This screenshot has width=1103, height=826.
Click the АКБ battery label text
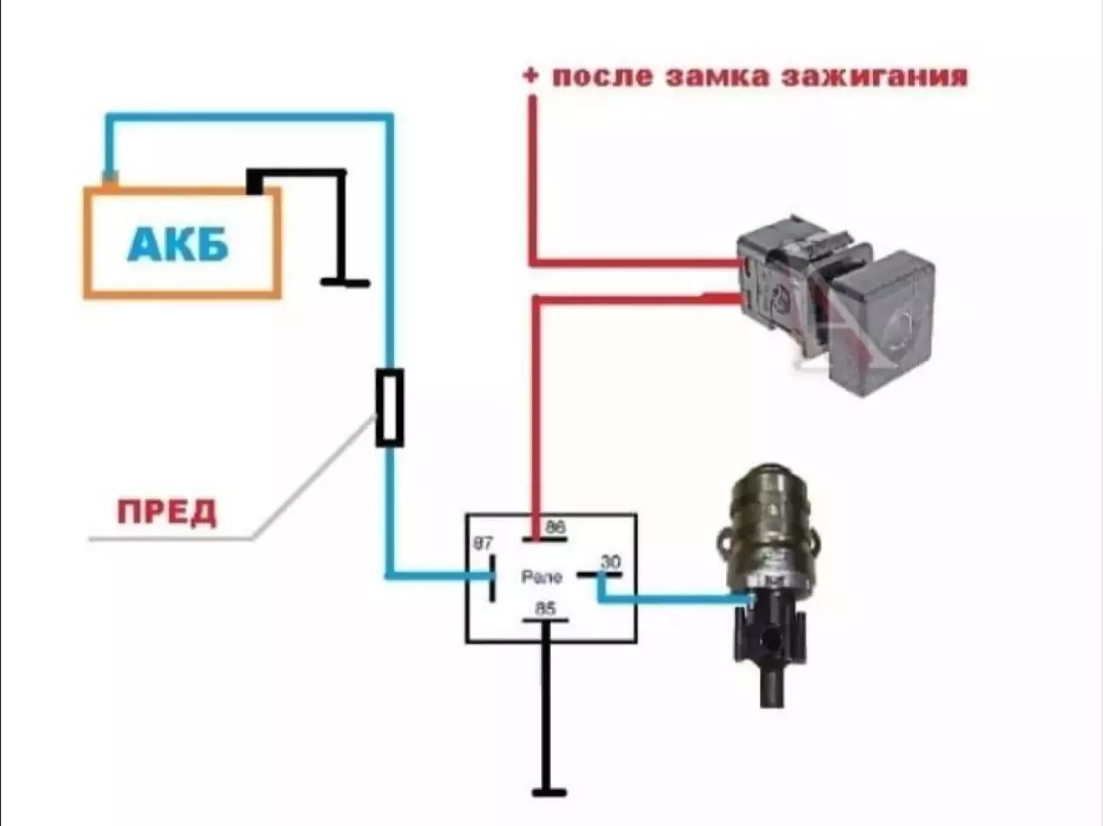(x=179, y=245)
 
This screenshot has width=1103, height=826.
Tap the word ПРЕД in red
(x=167, y=513)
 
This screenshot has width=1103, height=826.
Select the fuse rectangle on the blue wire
(x=389, y=407)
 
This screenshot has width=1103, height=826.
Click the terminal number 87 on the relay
(x=483, y=543)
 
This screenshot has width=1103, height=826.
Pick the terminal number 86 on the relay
(x=555, y=527)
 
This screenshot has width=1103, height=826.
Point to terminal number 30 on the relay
(x=610, y=561)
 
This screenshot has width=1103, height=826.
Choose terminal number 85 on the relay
(x=545, y=608)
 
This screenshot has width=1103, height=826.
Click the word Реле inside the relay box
(x=541, y=577)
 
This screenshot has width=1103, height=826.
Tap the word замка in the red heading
(x=717, y=77)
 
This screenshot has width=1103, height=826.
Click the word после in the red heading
(x=603, y=77)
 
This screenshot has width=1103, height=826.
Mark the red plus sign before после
(x=531, y=76)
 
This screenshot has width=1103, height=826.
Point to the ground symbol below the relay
(x=549, y=792)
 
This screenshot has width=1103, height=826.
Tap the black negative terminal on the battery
(x=254, y=181)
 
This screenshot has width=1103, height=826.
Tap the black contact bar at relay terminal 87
(x=493, y=578)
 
